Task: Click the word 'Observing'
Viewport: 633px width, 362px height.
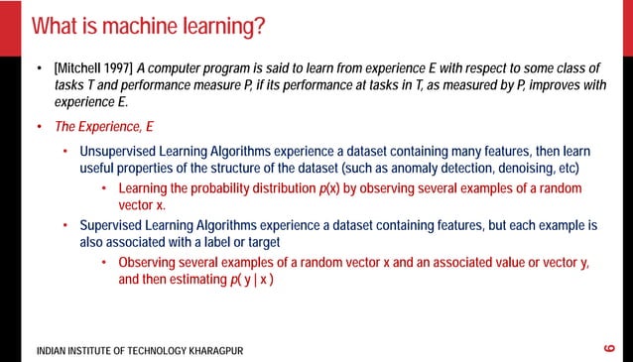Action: pos(152,263)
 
